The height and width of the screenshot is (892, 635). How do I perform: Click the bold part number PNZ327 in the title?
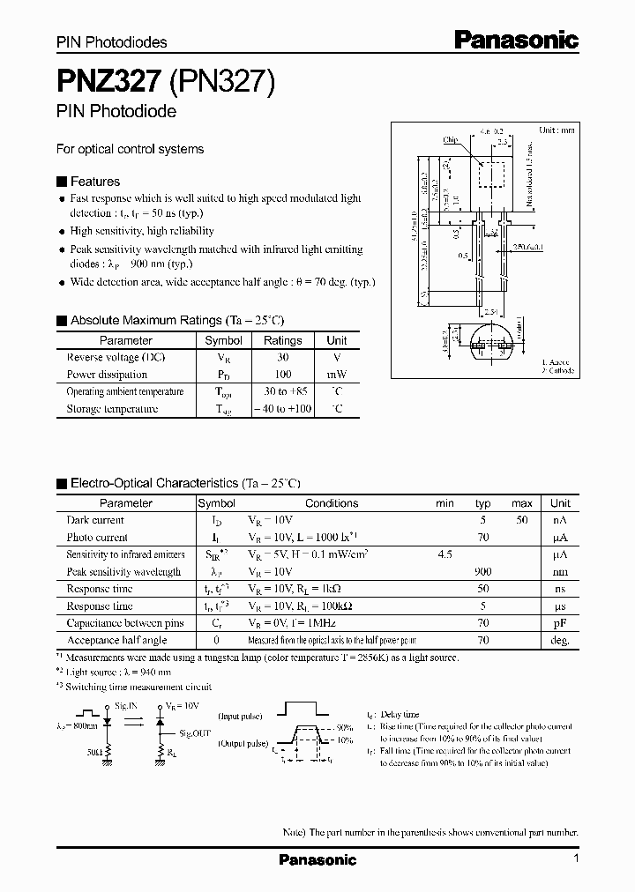click(x=108, y=81)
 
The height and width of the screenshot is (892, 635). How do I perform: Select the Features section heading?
click(x=94, y=181)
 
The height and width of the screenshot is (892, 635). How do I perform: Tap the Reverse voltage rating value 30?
click(x=282, y=357)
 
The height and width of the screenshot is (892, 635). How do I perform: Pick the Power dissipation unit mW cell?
click(x=336, y=374)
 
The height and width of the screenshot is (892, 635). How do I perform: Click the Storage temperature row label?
click(x=113, y=409)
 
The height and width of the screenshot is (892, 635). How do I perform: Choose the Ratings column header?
click(x=282, y=340)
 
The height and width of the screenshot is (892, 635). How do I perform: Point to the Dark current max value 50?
click(x=522, y=520)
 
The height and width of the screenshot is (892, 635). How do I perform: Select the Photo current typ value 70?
click(x=482, y=537)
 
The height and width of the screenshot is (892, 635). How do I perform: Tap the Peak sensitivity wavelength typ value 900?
click(x=482, y=571)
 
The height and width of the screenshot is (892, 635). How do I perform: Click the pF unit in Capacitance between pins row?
click(x=560, y=623)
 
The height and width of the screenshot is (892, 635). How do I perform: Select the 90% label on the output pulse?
click(x=344, y=727)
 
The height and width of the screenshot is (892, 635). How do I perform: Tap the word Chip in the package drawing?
click(x=450, y=139)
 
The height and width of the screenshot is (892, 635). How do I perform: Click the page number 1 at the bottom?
click(x=576, y=859)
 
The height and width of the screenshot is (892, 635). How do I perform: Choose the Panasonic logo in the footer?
click(x=317, y=859)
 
